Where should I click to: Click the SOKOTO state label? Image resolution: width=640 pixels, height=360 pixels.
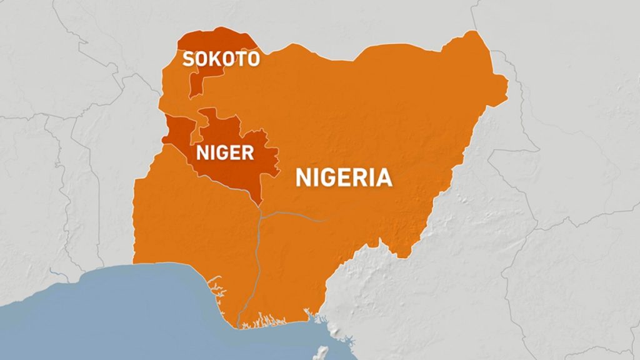(x=221, y=59)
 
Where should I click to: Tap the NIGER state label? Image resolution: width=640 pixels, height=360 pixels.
(x=226, y=152)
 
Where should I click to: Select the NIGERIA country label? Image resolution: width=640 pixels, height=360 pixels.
(x=344, y=177)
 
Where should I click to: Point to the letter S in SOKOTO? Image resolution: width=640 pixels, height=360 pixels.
(x=187, y=59)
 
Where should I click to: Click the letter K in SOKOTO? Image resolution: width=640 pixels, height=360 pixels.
(x=214, y=59)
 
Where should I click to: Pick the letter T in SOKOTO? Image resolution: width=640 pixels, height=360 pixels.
(x=241, y=59)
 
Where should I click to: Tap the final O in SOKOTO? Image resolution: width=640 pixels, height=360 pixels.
(x=253, y=59)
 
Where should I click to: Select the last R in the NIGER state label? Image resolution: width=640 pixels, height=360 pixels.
(x=248, y=152)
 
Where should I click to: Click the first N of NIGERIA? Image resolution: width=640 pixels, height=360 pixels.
(x=303, y=177)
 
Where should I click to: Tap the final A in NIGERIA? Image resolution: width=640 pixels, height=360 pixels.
(x=384, y=177)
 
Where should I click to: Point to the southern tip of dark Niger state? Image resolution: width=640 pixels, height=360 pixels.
(x=259, y=204)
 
